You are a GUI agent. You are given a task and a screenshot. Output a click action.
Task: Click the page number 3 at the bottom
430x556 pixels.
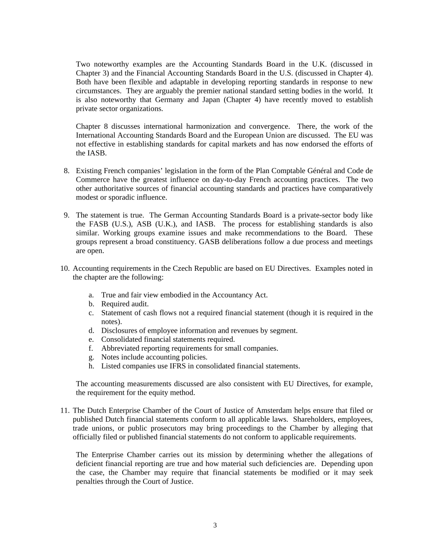[215, 525]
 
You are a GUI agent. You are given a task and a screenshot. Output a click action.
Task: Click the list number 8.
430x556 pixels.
[67, 171]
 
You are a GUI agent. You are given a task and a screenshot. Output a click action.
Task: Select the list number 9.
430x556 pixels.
[67, 215]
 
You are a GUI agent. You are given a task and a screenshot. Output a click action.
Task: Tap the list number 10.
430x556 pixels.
[65, 269]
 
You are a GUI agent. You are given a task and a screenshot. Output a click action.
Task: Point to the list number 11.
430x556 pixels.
[65, 410]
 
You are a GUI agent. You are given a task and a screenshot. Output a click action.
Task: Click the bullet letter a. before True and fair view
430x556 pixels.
[91, 295]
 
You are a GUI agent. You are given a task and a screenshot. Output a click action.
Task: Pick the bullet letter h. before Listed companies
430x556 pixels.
[91, 366]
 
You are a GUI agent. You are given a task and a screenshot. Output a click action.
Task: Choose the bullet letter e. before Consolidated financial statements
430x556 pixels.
[91, 339]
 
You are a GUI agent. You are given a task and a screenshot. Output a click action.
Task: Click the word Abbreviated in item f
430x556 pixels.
[119, 349]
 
